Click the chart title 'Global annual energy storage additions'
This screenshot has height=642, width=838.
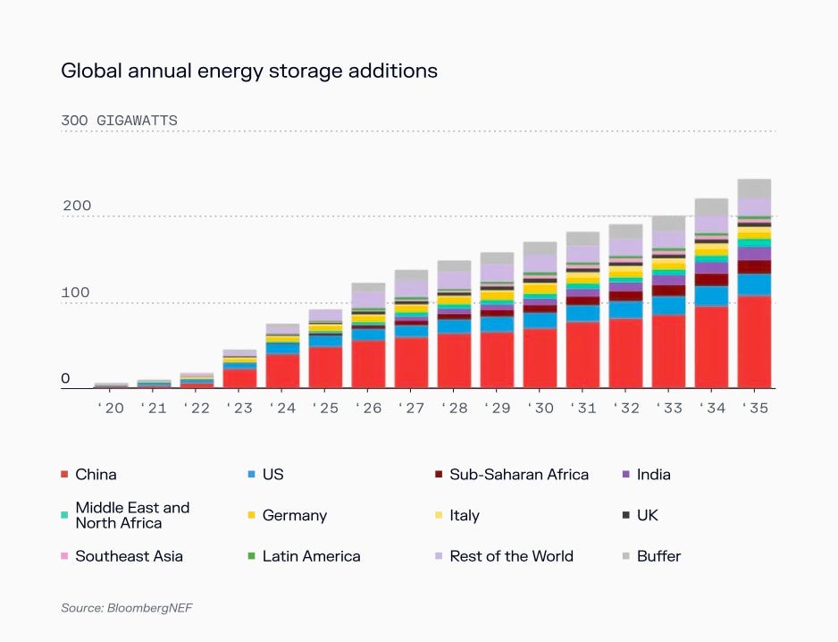pos(249,71)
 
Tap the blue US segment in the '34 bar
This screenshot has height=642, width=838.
pos(711,296)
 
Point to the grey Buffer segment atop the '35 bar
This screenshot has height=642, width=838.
pos(754,188)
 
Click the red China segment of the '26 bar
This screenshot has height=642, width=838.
pos(368,364)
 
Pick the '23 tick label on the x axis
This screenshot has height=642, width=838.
pos(239,408)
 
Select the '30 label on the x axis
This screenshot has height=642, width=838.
pos(540,408)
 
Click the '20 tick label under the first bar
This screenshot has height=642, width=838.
pos(111,408)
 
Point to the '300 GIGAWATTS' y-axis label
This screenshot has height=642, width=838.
pos(119,121)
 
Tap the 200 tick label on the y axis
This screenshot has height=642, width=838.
pos(77,207)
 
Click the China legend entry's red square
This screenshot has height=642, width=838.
pos(64,475)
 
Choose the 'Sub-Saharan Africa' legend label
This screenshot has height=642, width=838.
pos(519,475)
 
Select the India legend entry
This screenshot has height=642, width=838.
pos(653,475)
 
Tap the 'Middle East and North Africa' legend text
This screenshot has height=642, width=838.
pos(132,515)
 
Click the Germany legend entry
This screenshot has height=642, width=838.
pos(294,516)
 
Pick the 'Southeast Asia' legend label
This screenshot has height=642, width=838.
pos(129,556)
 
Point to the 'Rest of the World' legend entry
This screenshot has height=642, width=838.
pos(511,556)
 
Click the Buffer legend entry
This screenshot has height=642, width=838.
pos(658,556)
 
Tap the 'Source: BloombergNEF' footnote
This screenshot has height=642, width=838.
pos(127,608)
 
